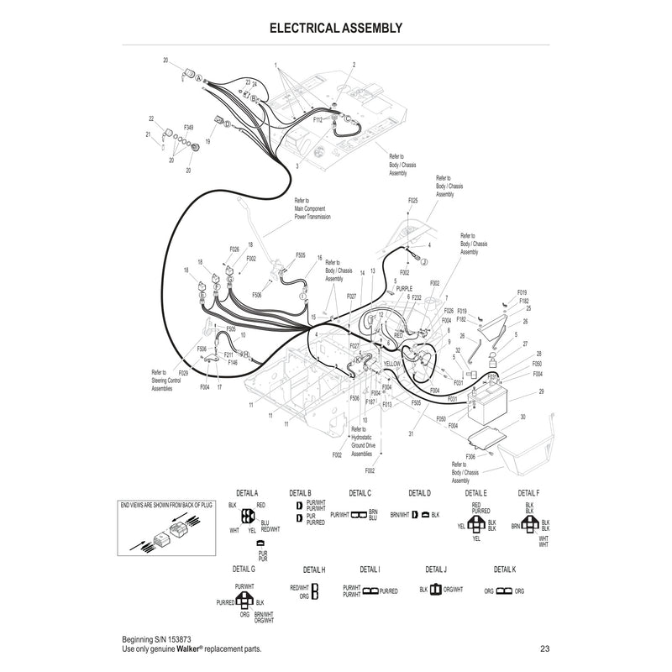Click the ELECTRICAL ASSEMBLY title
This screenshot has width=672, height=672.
336,28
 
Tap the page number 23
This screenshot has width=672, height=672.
545,648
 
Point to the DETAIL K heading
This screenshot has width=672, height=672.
505,569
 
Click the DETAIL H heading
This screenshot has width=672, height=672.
313,570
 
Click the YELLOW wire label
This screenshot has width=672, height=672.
393,364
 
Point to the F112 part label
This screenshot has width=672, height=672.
318,120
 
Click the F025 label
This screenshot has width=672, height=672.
412,201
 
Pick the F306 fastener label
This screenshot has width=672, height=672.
470,455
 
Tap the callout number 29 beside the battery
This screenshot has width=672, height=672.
542,392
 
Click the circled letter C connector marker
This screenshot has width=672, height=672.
348,119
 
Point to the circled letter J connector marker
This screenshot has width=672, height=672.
424,262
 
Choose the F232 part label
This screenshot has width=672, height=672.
417,297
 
